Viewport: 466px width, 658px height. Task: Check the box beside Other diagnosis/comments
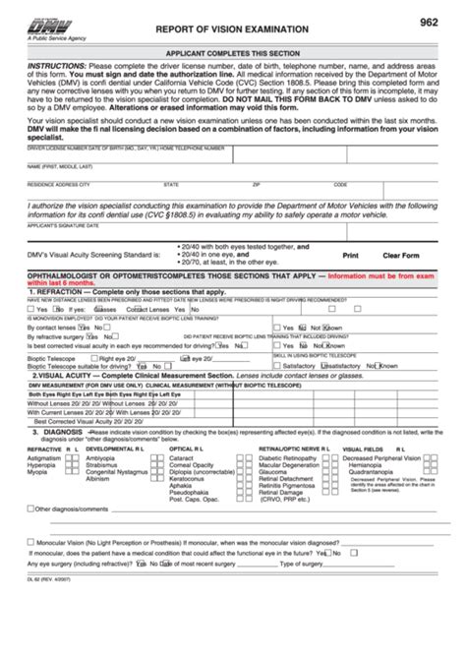coord(30,509)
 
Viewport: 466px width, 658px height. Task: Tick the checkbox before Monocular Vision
coord(30,542)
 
